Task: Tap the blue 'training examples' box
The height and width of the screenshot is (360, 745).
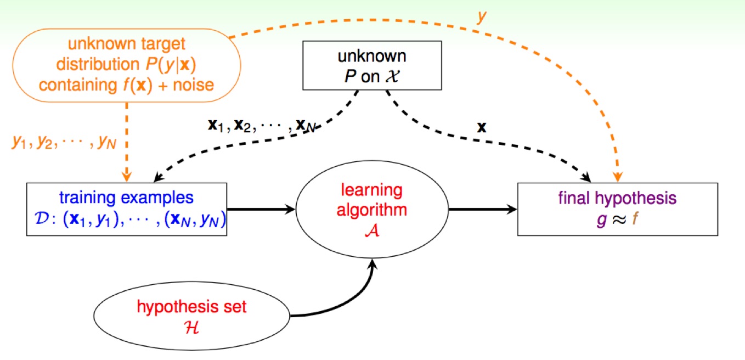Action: (127, 209)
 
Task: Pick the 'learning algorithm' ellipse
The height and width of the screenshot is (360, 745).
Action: (372, 209)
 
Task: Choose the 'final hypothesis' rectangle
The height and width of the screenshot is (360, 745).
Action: (617, 209)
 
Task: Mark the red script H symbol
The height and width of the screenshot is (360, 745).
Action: (192, 327)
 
